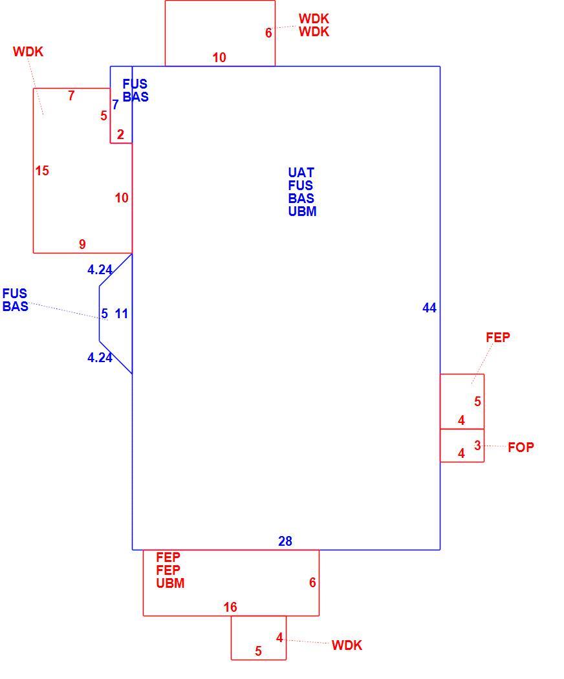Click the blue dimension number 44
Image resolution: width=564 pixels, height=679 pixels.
click(x=429, y=308)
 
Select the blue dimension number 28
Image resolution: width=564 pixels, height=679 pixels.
click(x=285, y=541)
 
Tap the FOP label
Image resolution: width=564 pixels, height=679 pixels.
click(x=521, y=447)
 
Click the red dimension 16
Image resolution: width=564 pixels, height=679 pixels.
click(x=230, y=607)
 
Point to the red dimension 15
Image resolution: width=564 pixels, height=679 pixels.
click(x=42, y=171)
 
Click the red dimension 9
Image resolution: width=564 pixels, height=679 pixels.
click(x=82, y=244)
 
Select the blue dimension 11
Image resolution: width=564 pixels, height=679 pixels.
click(x=122, y=314)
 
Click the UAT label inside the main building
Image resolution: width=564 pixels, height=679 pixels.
click(x=301, y=173)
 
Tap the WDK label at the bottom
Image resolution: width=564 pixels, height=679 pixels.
click(x=347, y=645)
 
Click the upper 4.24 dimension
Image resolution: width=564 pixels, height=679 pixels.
click(x=100, y=270)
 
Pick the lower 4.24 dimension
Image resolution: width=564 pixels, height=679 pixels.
click(x=100, y=357)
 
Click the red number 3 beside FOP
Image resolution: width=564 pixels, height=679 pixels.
click(x=477, y=445)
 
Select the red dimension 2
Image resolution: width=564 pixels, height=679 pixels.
click(x=120, y=135)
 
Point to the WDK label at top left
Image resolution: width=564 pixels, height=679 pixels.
click(x=28, y=52)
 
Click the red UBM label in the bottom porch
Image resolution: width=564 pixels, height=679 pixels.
click(x=170, y=583)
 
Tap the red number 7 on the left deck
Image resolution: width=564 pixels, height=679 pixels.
click(x=72, y=95)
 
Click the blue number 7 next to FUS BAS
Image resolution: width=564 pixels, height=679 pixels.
click(x=115, y=104)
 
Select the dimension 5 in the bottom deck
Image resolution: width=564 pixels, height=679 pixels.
click(x=258, y=651)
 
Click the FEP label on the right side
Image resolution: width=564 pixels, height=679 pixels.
click(x=498, y=338)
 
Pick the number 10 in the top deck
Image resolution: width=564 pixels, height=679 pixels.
click(x=219, y=57)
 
